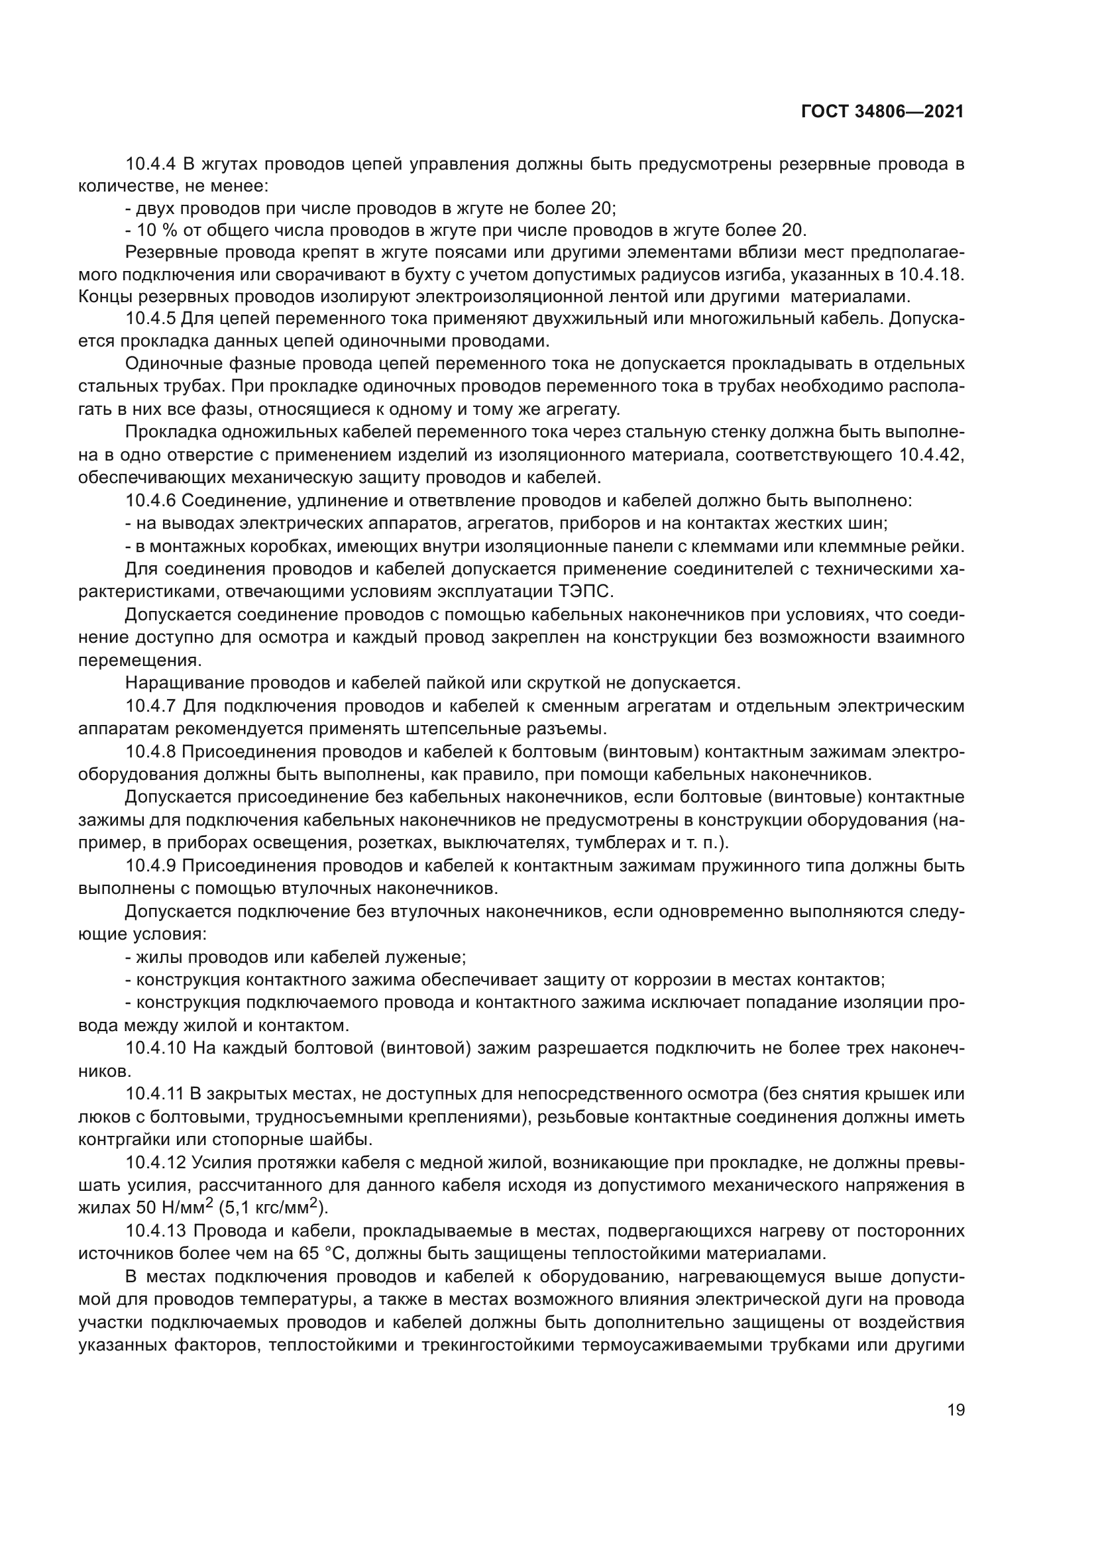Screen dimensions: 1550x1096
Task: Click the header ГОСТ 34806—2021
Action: tap(882, 111)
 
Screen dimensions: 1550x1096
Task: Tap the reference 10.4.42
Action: tap(931, 455)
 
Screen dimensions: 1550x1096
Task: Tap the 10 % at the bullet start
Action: tap(152, 230)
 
